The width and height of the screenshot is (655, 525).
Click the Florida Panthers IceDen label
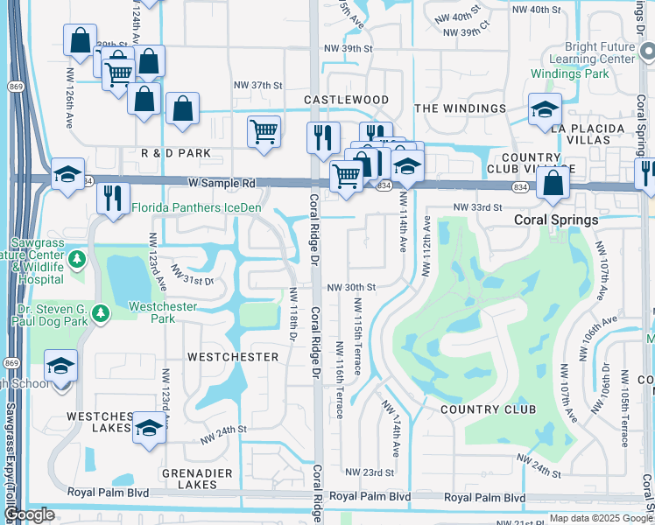[196, 207]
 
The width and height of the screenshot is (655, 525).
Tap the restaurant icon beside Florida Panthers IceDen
[114, 198]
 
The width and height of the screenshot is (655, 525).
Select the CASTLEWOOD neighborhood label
[346, 101]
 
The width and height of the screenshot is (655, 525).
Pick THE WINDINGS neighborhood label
[460, 108]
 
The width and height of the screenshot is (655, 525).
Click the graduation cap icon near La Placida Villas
[545, 110]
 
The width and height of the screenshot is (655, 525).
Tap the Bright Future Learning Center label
[587, 52]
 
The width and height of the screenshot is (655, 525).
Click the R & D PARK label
[176, 153]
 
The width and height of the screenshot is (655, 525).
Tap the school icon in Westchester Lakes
[150, 429]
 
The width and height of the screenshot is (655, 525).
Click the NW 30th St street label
[351, 287]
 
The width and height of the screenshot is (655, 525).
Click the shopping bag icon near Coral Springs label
[553, 184]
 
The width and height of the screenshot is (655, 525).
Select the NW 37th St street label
[257, 85]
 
